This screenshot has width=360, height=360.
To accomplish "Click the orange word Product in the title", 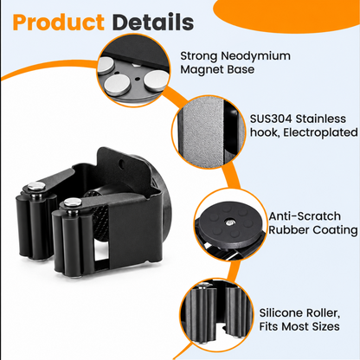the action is pyautogui.click(x=59, y=22).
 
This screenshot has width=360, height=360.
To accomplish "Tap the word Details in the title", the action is pyautogui.click(x=153, y=22).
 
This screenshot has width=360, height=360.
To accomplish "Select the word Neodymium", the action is pyautogui.click(x=255, y=56).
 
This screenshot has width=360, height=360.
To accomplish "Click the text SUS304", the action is pyautogui.click(x=271, y=119).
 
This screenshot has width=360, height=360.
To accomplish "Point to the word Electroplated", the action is pyautogui.click(x=320, y=132).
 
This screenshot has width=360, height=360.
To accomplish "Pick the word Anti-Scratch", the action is pyautogui.click(x=305, y=216).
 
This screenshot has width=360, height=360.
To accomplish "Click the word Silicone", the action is pyautogui.click(x=280, y=313).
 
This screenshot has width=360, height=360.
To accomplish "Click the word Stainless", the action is pyautogui.click(x=321, y=119).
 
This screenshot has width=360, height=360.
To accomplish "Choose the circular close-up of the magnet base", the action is pyautogui.click(x=133, y=70).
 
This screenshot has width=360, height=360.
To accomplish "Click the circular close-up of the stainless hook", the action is pyautogui.click(x=209, y=132).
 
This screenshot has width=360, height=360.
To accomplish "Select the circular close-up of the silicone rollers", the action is pyautogui.click(x=216, y=315).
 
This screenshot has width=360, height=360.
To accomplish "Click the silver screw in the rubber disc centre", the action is pyautogui.click(x=230, y=222).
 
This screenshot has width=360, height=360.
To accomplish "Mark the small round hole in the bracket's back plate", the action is pyautogui.click(x=122, y=164).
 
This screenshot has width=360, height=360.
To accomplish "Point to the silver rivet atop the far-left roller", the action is pyautogui.click(x=36, y=186).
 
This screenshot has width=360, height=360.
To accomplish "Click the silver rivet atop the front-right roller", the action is pyautogui.click(x=73, y=202).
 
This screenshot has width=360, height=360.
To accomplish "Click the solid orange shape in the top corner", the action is pyautogui.click(x=286, y=14).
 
